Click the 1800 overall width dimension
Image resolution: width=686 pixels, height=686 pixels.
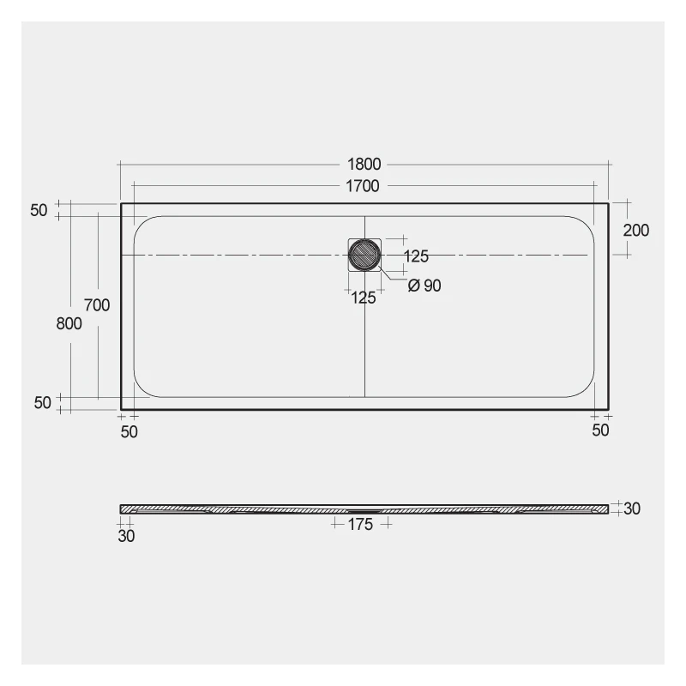pyautogui.click(x=364, y=165)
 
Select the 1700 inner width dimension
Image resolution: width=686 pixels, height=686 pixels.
pyautogui.click(x=363, y=186)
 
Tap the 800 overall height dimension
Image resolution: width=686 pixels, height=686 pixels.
pyautogui.click(x=69, y=324)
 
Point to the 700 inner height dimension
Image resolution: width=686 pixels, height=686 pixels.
pyautogui.click(x=97, y=305)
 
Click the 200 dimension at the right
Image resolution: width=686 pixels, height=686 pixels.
pyautogui.click(x=636, y=231)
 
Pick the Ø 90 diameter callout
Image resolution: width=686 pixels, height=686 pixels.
pyautogui.click(x=424, y=286)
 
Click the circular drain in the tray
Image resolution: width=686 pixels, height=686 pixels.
pyautogui.click(x=364, y=255)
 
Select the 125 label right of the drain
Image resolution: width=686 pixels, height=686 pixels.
pyautogui.click(x=416, y=256)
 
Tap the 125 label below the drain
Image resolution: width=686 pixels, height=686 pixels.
pyautogui.click(x=364, y=298)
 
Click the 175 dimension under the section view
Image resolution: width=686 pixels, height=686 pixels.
pyautogui.click(x=360, y=525)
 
